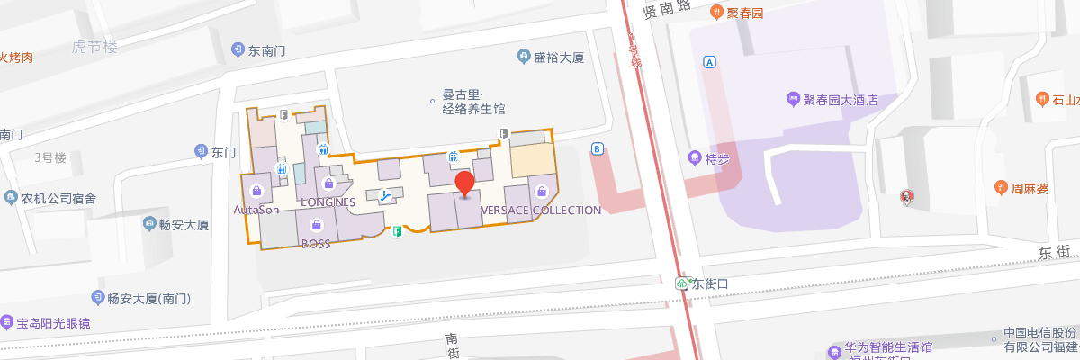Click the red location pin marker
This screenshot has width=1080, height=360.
(464, 184)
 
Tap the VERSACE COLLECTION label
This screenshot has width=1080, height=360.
(542, 210)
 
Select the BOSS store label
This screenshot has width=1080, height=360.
(316, 244)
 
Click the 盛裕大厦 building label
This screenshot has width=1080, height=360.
(559, 58)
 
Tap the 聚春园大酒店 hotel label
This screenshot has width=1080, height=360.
(840, 100)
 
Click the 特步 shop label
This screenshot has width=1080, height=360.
(715, 158)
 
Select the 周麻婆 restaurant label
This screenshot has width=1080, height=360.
(1029, 188)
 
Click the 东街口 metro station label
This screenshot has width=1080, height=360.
(708, 283)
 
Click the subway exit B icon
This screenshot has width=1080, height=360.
(597, 148)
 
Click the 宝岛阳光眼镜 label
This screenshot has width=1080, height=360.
(58, 322)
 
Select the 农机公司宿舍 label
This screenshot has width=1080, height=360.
(58, 198)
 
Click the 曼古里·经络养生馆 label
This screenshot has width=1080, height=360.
(473, 102)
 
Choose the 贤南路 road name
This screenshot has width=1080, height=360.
(667, 9)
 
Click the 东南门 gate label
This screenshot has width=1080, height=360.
(266, 50)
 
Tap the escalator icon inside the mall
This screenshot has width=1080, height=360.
(385, 194)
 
